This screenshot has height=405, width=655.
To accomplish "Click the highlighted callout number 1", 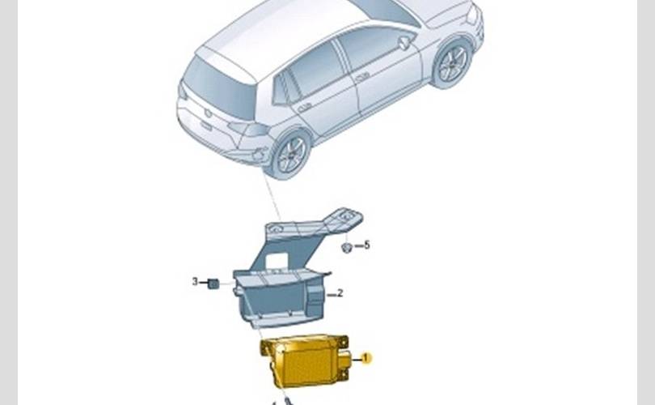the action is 366,359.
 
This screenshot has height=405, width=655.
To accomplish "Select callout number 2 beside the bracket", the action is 340,293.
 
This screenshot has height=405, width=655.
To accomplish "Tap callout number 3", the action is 195,282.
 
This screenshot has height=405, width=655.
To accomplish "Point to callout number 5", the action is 367,245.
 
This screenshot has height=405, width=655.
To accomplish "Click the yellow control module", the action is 305,360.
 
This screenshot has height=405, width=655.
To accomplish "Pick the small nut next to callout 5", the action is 346,248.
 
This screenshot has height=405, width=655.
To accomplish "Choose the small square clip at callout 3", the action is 213,283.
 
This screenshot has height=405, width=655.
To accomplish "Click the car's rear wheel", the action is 291,154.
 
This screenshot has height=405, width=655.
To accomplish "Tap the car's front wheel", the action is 452,64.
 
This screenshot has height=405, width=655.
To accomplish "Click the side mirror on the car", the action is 404,42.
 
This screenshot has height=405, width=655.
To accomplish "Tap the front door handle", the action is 361,76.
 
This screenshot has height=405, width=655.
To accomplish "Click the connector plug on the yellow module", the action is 345,360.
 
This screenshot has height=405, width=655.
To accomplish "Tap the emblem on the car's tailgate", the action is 208,113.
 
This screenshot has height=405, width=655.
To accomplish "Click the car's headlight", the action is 472,14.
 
